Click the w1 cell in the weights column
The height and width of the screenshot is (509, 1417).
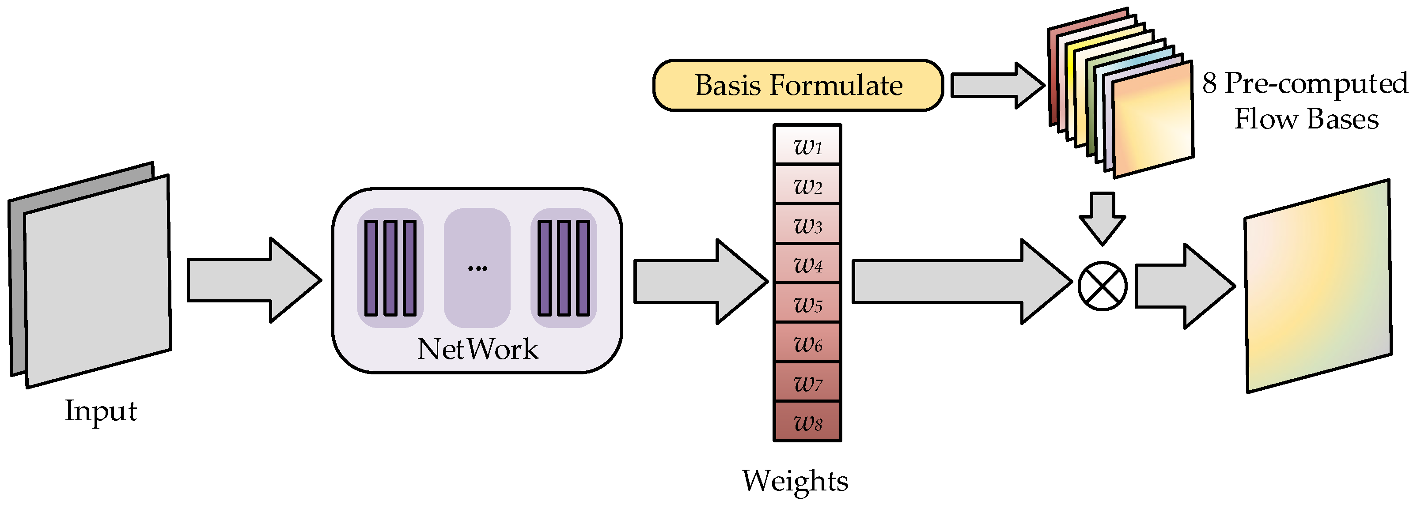click(x=807, y=145)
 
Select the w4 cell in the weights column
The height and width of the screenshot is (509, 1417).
click(x=807, y=264)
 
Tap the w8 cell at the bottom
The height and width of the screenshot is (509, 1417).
click(x=807, y=422)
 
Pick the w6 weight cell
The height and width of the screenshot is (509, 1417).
click(x=807, y=343)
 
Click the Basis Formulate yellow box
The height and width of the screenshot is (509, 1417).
click(x=798, y=86)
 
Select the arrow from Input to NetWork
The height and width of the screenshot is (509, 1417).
click(x=253, y=280)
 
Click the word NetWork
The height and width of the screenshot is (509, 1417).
click(x=477, y=350)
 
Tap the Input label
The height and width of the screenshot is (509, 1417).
click(x=101, y=411)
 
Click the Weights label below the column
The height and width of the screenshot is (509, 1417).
click(x=795, y=480)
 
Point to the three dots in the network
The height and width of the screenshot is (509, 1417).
click(x=477, y=268)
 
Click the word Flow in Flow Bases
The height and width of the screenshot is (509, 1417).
click(x=1265, y=119)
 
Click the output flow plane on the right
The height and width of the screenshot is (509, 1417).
click(x=1318, y=286)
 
